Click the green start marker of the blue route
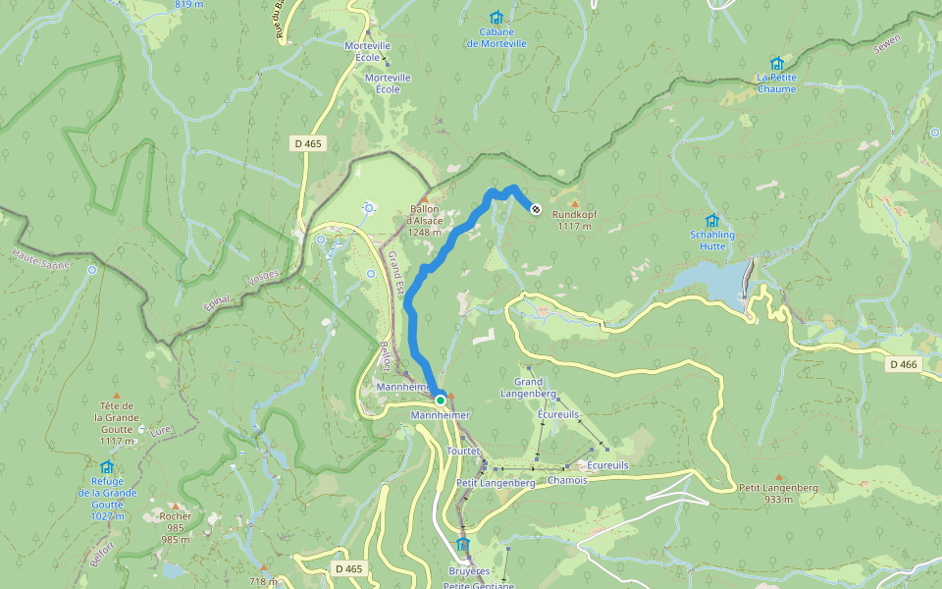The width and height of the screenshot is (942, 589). coord(441,400)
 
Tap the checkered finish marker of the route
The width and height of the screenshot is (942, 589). coord(536,208)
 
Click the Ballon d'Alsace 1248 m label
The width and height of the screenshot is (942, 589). coord(426,220)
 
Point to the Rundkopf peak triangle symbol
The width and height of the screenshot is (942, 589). coord(575,203)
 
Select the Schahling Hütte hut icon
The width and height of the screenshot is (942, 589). coord(712,221)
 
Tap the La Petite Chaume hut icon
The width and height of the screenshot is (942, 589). coord(776,64)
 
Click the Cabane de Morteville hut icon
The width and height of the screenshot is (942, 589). coord(496,18)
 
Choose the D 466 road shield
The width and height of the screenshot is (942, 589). coord(903,364)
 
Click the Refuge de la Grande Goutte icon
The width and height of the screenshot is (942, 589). coord(107,467)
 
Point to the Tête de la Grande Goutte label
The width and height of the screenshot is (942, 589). coord(115,417)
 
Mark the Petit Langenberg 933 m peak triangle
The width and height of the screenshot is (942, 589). coord(779,477)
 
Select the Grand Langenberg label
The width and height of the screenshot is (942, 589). coord(529,388)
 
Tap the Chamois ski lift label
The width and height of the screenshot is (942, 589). coord(567,480)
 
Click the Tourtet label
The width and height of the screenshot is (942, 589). coord(462,451)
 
